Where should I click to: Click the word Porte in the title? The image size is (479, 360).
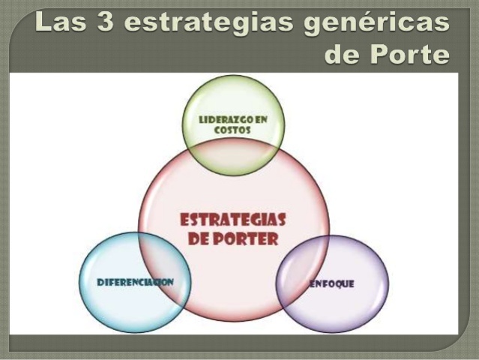[408, 54]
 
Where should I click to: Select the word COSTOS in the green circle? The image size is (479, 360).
[232, 130]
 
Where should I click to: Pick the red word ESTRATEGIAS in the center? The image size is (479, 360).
[233, 221]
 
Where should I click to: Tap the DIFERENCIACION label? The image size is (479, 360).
[136, 282]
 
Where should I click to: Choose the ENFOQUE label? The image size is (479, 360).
[331, 284]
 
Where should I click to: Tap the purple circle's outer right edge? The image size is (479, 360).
[388, 284]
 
